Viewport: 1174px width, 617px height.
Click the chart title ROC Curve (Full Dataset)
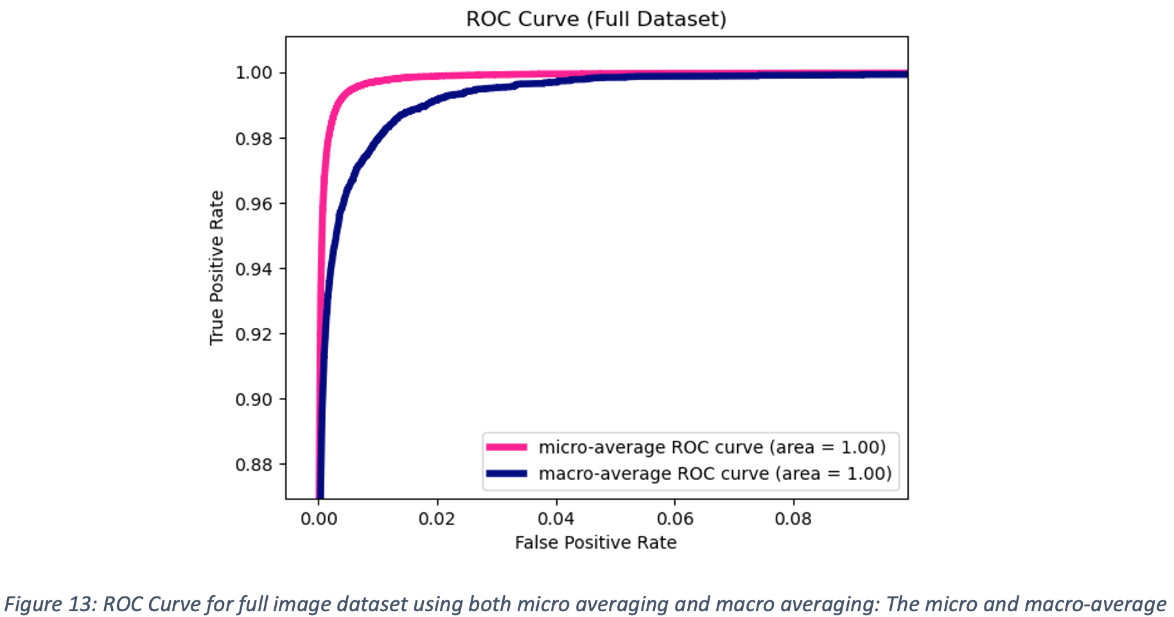click(x=596, y=19)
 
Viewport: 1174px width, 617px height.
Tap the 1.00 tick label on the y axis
click(x=254, y=73)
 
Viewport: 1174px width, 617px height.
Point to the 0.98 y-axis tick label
click(x=254, y=139)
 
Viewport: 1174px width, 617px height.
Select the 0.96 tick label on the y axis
click(x=254, y=204)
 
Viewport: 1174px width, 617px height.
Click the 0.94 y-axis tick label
click(x=254, y=269)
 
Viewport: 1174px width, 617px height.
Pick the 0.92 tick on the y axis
click(x=254, y=334)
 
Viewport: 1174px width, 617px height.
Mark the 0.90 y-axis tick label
click(x=254, y=399)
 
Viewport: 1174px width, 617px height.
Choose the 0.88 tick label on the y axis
click(x=254, y=464)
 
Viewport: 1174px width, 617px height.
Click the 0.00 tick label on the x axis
click(x=319, y=519)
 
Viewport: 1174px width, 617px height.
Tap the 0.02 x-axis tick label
click(x=437, y=519)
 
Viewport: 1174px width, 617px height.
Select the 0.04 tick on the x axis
click(x=556, y=519)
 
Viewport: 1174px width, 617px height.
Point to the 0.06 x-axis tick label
click(x=675, y=519)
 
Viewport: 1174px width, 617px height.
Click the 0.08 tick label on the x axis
click(x=793, y=519)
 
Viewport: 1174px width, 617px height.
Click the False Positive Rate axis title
click(x=595, y=543)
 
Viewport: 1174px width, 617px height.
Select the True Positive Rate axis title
click(x=216, y=267)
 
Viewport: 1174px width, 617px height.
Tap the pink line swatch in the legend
click(x=507, y=447)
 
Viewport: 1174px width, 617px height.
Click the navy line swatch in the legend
click(x=507, y=474)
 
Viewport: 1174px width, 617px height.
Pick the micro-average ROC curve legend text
click(x=712, y=447)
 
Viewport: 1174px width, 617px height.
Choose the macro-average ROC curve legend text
click(x=715, y=474)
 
